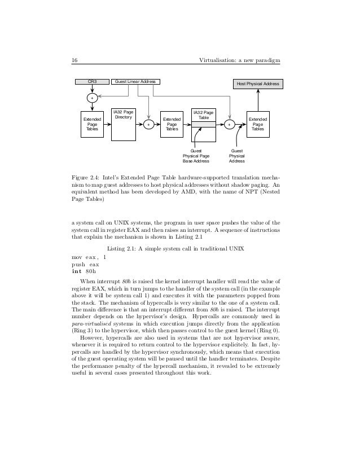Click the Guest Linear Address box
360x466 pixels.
[x=135, y=82]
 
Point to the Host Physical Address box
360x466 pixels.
[x=257, y=84]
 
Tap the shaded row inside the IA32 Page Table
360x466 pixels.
[x=203, y=124]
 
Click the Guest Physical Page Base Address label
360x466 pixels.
[x=196, y=156]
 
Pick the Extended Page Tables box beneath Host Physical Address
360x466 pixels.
[x=257, y=124]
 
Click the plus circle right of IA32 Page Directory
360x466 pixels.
[x=148, y=124]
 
